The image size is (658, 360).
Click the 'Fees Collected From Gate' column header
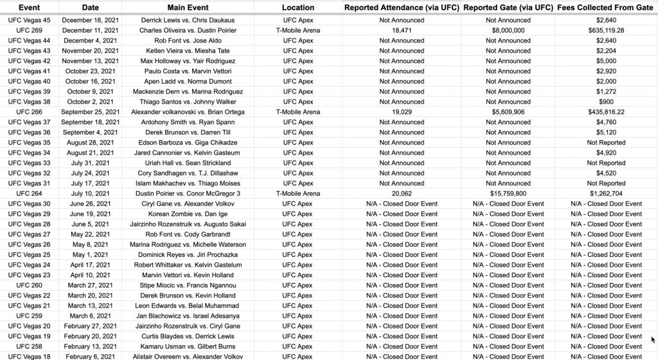click(x=606, y=8)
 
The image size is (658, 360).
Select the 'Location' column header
click(x=298, y=8)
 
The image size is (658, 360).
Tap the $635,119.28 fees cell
click(x=606, y=30)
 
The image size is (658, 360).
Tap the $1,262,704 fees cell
click(x=606, y=194)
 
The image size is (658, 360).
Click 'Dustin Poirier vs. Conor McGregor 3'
click(x=191, y=194)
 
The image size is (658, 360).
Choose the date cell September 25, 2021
click(x=91, y=112)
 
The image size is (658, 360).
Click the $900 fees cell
click(x=606, y=102)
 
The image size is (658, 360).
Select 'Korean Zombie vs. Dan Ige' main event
click(x=191, y=214)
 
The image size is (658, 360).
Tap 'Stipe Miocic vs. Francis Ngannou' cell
click(x=191, y=285)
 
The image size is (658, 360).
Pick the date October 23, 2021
click(x=91, y=71)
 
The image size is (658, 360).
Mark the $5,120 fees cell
click(x=606, y=132)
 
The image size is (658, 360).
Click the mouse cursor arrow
click(x=653, y=339)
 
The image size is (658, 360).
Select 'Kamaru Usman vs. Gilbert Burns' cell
click(x=191, y=346)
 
